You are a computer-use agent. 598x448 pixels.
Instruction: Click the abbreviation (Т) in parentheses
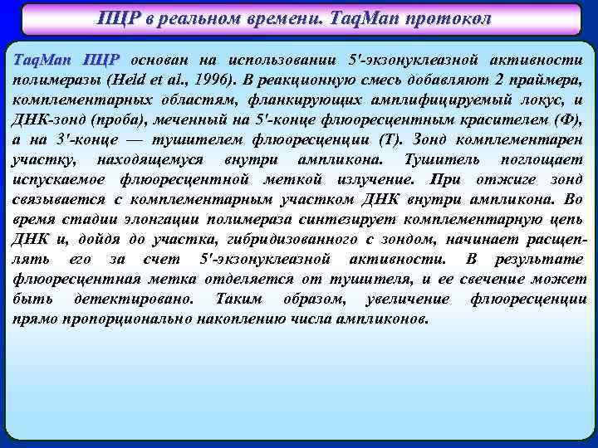point(389,140)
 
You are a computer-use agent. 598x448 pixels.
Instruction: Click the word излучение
point(377,179)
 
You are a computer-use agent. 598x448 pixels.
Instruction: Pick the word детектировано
point(134,299)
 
